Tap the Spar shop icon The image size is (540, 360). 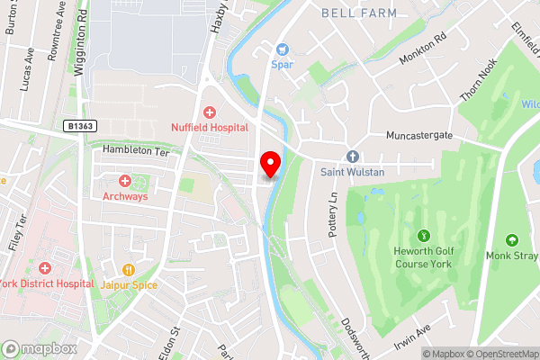coord(281,49)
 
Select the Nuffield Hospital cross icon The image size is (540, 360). coord(210,112)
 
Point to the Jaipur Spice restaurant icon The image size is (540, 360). coord(129,269)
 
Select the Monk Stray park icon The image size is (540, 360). coord(512,240)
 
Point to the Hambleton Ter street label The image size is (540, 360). coord(135,150)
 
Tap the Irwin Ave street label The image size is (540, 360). coord(412,337)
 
